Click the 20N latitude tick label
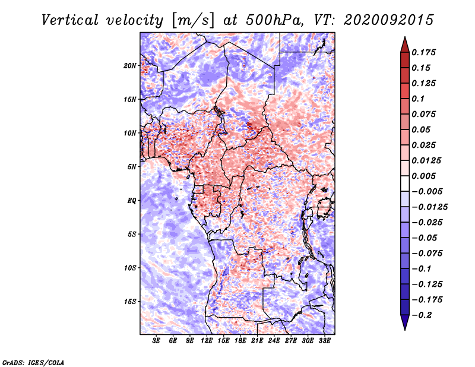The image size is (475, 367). point(130,66)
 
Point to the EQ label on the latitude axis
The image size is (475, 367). point(131,201)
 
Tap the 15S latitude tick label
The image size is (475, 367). point(130,302)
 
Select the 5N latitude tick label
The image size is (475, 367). point(132,167)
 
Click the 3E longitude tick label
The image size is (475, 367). point(156,341)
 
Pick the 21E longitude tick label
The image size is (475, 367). point(257,341)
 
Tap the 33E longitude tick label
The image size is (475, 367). point(324,341)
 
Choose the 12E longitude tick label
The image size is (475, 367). point(207,341)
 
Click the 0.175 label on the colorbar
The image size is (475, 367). point(423,52)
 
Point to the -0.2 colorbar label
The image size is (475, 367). point(422,315)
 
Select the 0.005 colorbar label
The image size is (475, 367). point(423,176)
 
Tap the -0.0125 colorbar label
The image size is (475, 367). point(429,207)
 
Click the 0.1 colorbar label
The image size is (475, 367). point(418,99)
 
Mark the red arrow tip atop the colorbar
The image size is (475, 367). point(405,37)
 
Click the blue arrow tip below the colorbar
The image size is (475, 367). point(405,330)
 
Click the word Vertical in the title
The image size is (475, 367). point(70,20)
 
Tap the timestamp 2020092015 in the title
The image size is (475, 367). point(389,20)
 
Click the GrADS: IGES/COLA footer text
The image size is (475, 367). point(33,362)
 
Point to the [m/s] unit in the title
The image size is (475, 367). point(192,21)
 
